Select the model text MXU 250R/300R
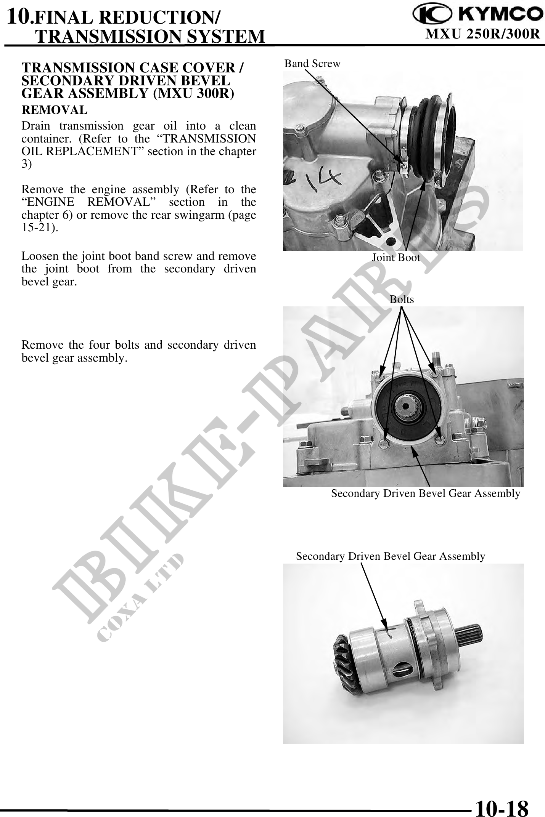click(482, 34)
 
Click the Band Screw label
click(312, 64)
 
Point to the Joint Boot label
click(396, 258)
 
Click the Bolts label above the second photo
click(402, 300)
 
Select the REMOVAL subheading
click(55, 110)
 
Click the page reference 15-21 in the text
click(39, 228)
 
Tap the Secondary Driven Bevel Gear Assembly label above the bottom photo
click(391, 556)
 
